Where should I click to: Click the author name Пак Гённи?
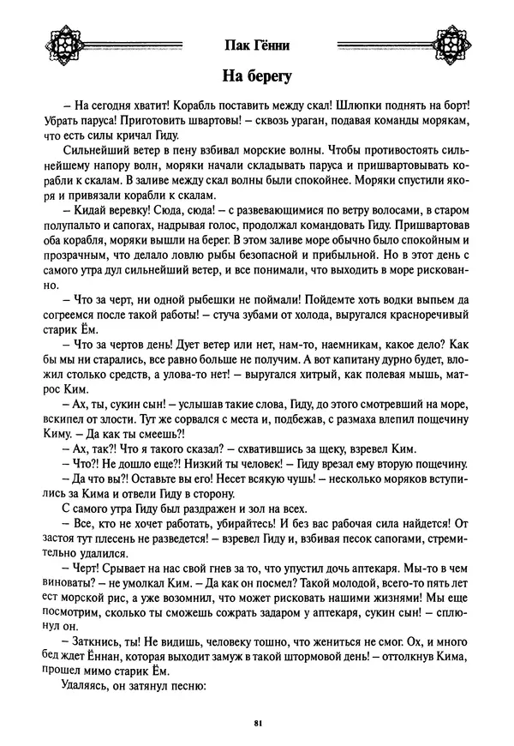click(x=257, y=44)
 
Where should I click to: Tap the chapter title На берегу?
click(x=257, y=76)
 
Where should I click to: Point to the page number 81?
click(x=257, y=724)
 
